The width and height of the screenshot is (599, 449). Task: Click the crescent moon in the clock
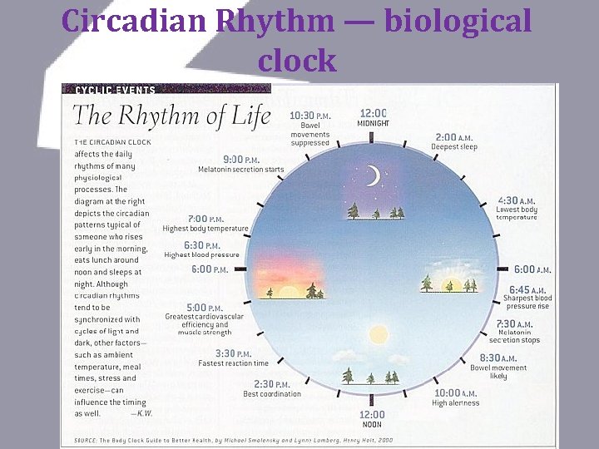[x=374, y=175]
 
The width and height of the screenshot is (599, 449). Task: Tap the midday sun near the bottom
[x=379, y=335]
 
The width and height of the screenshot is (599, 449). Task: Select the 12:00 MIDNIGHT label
[x=373, y=117]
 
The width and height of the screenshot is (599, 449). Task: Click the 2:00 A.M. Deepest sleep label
[x=454, y=141]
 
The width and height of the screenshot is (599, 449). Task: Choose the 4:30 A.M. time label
[x=517, y=200]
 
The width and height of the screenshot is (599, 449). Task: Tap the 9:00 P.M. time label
[x=241, y=159]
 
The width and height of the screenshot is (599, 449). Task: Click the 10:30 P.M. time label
[x=309, y=116]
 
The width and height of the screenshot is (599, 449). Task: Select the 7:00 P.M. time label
[x=205, y=218]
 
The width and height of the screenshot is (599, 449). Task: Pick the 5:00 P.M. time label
[x=203, y=307]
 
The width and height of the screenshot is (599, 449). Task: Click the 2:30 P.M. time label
[x=272, y=384]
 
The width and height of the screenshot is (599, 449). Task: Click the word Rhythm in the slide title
[x=266, y=22]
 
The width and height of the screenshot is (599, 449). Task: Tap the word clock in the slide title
[x=297, y=60]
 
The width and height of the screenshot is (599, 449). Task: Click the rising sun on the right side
[x=454, y=285]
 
